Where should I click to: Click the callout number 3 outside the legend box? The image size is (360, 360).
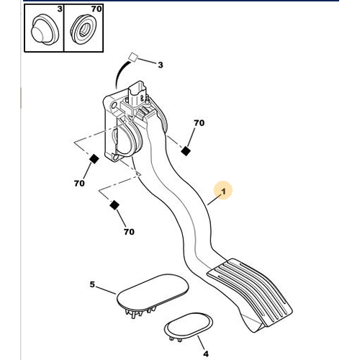point(160,65)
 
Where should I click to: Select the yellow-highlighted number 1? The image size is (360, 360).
point(223,192)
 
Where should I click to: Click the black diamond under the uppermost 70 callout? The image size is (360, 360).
point(186,150)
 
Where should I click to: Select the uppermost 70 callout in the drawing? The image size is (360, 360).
point(198,123)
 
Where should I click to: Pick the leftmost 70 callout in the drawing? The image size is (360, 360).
point(78,183)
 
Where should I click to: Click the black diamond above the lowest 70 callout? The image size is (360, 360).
point(114,206)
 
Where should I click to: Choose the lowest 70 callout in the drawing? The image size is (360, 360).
point(129,232)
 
